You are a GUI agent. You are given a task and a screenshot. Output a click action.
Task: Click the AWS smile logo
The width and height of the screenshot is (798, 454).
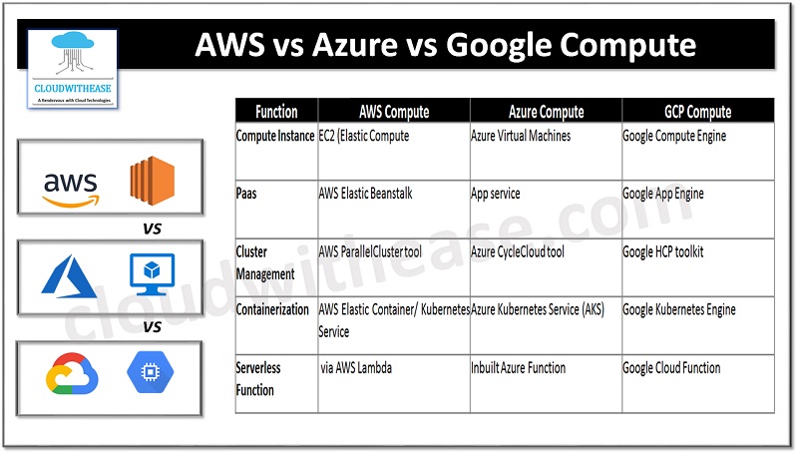coord(71,187)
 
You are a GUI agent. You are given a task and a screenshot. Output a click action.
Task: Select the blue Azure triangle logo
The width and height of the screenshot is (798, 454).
coord(67,276)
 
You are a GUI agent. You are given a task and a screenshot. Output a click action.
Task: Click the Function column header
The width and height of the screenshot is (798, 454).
coord(276,112)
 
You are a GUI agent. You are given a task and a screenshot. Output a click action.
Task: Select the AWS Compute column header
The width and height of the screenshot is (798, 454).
coord(394,112)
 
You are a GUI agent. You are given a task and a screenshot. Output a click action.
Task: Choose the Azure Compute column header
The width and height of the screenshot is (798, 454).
coord(546,112)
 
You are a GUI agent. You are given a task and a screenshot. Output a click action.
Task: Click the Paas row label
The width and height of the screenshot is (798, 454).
coord(246,194)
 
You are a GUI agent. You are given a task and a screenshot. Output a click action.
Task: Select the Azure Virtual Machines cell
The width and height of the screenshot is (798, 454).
coord(521,136)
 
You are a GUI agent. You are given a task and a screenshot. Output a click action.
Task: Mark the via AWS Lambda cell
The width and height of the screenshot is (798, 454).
coord(356,368)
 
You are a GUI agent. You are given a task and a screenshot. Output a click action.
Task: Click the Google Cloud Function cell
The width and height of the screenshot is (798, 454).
coord(671,368)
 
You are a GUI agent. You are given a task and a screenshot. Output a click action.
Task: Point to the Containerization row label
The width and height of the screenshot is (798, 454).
coord(272,310)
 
